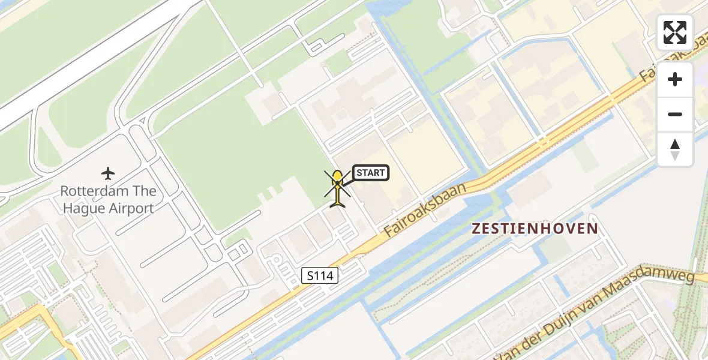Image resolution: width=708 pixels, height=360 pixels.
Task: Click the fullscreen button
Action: click(675, 32)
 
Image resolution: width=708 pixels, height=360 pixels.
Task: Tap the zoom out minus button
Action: click(675, 114)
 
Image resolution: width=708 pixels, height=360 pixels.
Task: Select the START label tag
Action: click(370, 173)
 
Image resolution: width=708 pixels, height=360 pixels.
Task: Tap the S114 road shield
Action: click(320, 276)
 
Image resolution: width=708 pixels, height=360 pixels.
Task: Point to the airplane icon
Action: click(108, 174)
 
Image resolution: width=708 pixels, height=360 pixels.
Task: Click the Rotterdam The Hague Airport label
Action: click(108, 200)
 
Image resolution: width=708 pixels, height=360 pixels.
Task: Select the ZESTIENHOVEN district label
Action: click(535, 229)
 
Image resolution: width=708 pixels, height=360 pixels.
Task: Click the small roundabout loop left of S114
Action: click(277, 259)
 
